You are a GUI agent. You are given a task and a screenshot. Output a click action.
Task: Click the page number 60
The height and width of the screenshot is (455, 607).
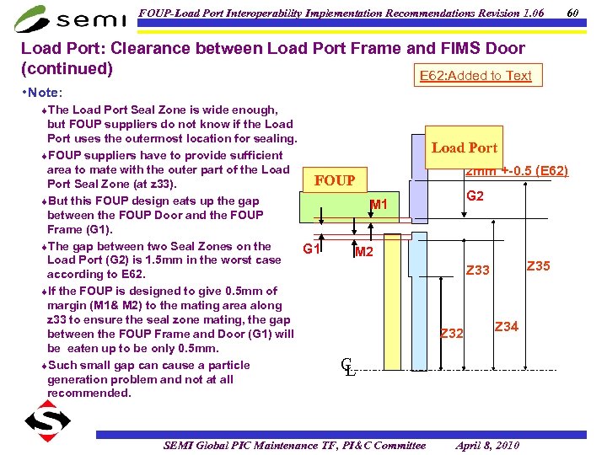coord(572,13)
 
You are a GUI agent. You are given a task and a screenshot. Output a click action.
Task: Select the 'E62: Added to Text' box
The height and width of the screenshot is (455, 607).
coord(475,76)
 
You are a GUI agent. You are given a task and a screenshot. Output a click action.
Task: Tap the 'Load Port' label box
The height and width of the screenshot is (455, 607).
coord(465,147)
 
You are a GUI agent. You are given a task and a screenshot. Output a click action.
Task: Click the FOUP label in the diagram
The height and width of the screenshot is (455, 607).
coord(335,180)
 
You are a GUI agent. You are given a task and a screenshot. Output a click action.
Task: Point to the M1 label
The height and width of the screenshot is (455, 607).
coord(379,205)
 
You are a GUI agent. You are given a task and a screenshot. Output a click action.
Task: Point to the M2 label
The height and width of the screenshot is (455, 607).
coord(364,252)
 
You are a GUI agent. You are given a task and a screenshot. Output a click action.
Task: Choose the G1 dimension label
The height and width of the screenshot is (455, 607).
coord(311,249)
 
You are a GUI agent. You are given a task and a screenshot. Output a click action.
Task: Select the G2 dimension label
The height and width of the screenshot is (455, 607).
coord(475,196)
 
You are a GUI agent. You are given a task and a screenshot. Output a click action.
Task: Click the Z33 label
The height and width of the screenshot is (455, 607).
coord(478,270)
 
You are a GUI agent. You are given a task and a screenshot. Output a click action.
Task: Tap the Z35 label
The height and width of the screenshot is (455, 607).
coord(538,266)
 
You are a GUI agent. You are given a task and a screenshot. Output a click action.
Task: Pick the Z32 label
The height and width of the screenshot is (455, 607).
coord(453,334)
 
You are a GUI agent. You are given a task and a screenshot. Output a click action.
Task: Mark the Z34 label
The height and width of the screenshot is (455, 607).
coord(506,326)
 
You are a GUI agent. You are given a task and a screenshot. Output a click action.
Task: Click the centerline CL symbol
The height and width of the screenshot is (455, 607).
coord(346,367)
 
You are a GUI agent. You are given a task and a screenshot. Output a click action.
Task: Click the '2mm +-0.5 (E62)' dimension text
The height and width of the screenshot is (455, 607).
coord(517,171)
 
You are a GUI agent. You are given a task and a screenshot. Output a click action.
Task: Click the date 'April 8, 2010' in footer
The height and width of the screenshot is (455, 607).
coord(487,445)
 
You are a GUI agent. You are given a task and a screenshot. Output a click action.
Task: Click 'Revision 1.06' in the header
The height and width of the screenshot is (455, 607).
coord(503,13)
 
